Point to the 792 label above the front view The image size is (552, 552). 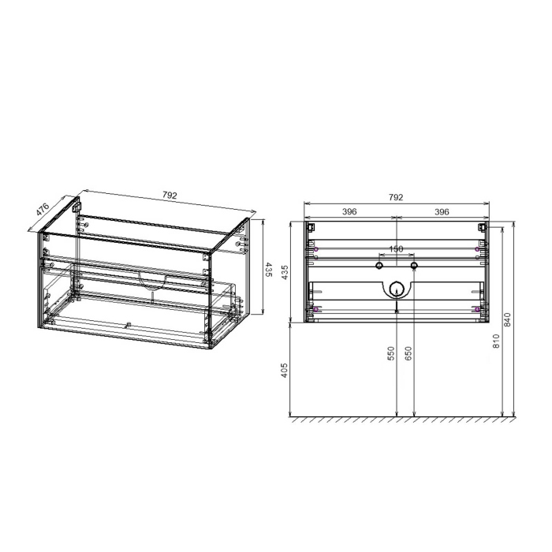pos(396,197)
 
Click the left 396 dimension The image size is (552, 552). pos(350,211)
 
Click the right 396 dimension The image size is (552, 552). pos(442,211)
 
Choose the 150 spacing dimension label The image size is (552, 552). pos(397,249)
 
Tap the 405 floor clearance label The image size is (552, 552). pos(285,369)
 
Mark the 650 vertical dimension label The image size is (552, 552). pos(408,354)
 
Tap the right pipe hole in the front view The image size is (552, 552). pos(413,265)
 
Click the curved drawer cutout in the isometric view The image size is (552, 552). pos(151,281)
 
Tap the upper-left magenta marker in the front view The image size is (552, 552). pos(315,249)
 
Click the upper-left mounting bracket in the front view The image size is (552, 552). pos(311,228)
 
